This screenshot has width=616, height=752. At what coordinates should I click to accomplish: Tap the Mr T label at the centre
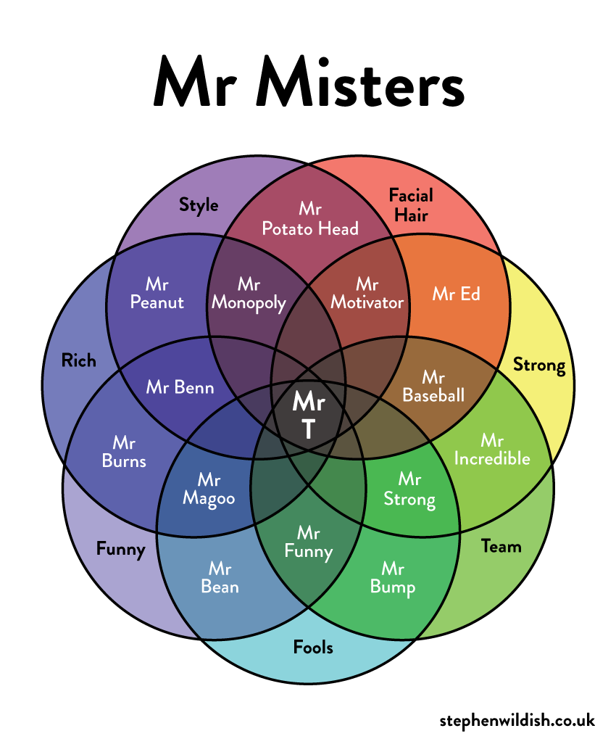pos(308,416)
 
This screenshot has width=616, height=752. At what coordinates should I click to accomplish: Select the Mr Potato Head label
pos(310,219)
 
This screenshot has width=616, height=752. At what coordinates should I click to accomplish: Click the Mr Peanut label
pos(157,292)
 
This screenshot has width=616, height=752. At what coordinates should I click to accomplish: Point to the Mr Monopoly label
pos(249,293)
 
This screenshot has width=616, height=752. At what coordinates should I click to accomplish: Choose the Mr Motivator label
pos(367,293)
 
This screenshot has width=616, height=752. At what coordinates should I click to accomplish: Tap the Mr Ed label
pos(456,294)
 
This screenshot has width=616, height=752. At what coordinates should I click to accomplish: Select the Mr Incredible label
pos(491,450)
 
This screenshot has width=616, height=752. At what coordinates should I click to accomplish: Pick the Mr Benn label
pos(180,387)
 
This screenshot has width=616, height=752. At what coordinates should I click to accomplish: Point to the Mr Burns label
pos(129,451)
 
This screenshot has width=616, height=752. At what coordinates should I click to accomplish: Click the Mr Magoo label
pos(209,489)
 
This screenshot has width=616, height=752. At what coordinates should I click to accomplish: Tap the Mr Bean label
pos(220,577)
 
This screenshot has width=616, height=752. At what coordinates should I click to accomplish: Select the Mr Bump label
pos(393,577)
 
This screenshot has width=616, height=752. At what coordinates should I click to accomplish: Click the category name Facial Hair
pos(410,204)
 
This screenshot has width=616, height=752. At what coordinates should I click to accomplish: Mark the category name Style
pos(199,205)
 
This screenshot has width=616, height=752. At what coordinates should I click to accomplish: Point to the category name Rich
pos(78,360)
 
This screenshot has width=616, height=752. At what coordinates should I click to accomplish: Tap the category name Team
pos(501,547)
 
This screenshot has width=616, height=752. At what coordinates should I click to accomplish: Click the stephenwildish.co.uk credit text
pos(517,720)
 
